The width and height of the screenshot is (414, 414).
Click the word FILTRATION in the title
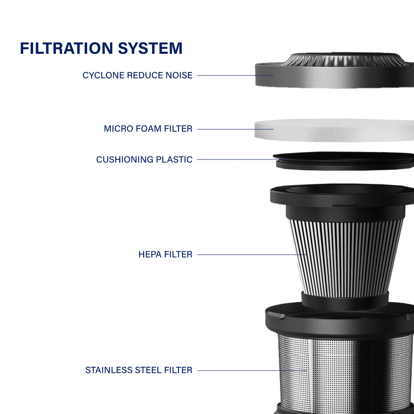tap(67, 48)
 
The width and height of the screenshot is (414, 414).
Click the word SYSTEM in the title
tap(150, 48)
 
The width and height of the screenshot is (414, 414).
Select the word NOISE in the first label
tap(179, 75)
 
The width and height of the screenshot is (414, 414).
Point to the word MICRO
tap(118, 129)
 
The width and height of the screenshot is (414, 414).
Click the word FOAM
tap(148, 129)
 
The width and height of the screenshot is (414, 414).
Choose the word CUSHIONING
tap(125, 159)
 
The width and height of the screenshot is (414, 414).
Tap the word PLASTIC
tap(174, 159)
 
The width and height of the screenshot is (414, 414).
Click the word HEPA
tap(150, 254)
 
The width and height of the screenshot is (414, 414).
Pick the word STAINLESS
tap(108, 370)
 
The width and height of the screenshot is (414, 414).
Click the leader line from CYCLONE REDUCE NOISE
tap(235, 75)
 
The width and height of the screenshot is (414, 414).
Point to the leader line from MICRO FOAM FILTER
tap(235, 129)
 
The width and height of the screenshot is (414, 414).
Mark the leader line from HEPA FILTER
tap(252, 255)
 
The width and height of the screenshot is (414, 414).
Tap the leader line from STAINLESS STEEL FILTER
tap(252, 371)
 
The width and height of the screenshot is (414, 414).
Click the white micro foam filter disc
tap(334, 130)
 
